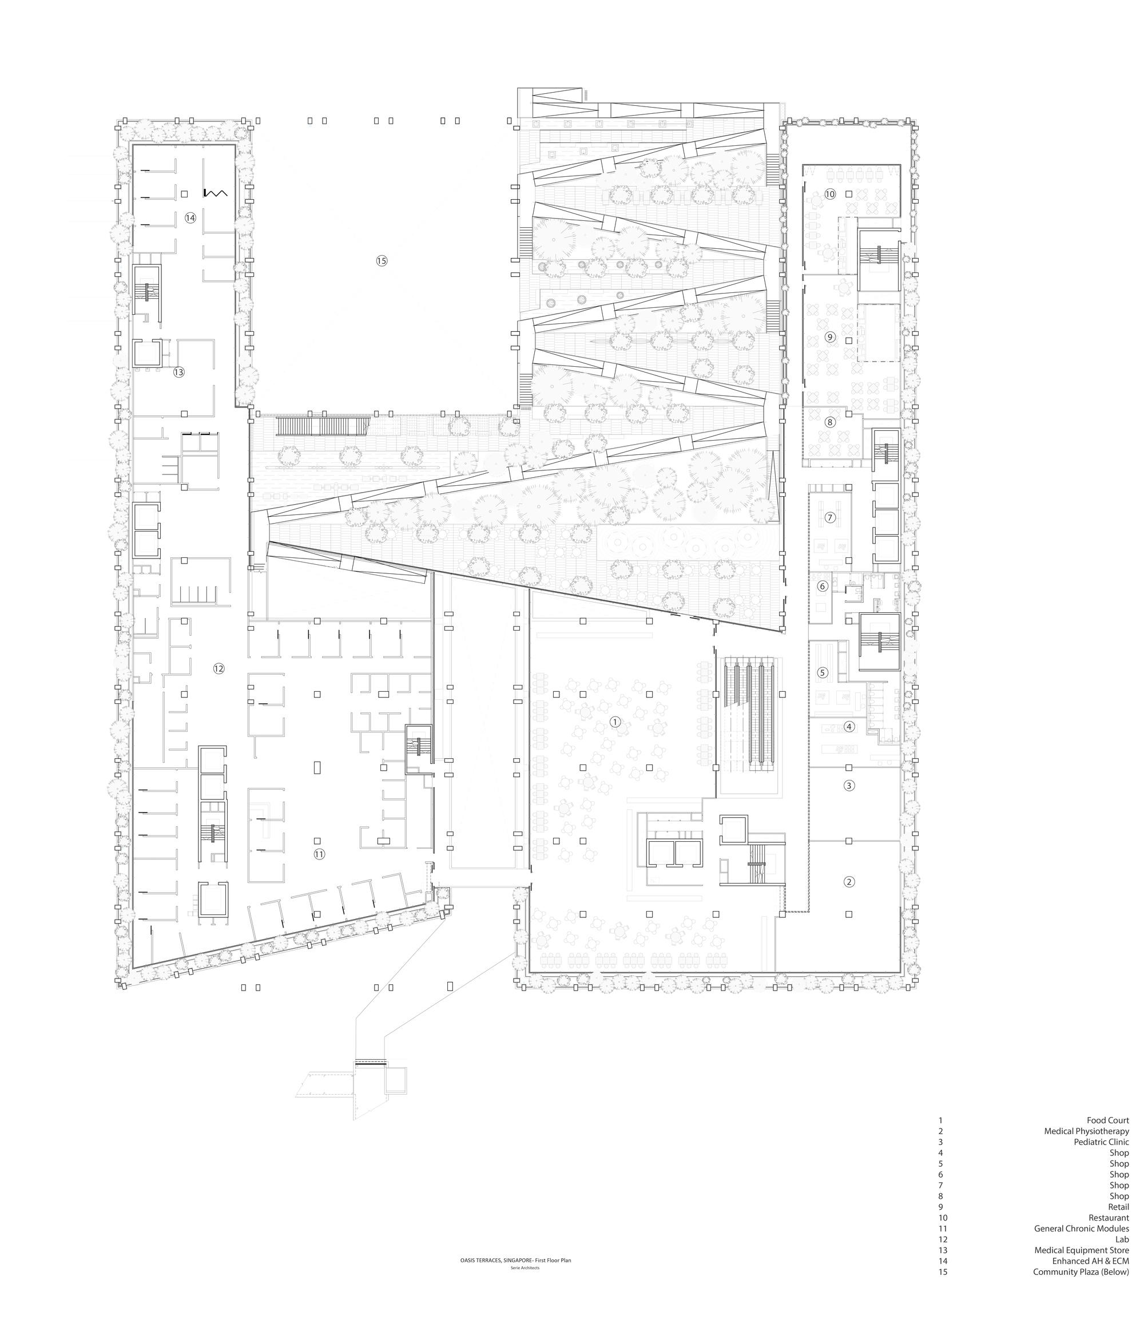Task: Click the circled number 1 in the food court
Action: tap(615, 722)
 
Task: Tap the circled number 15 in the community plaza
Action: tap(382, 261)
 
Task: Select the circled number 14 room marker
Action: tap(190, 218)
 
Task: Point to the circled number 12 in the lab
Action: tap(219, 668)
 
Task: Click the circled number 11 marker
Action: tap(319, 854)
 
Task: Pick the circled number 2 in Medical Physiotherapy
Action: tap(849, 882)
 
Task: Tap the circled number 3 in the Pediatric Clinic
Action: tap(849, 785)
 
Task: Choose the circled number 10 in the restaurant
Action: tap(831, 194)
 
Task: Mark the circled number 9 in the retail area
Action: tap(831, 337)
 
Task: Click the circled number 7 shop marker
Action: tap(831, 517)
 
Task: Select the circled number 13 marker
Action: tap(178, 372)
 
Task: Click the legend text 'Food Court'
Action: tap(1107, 1138)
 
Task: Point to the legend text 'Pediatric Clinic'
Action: tap(1101, 1160)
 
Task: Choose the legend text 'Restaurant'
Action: tap(1109, 1235)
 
